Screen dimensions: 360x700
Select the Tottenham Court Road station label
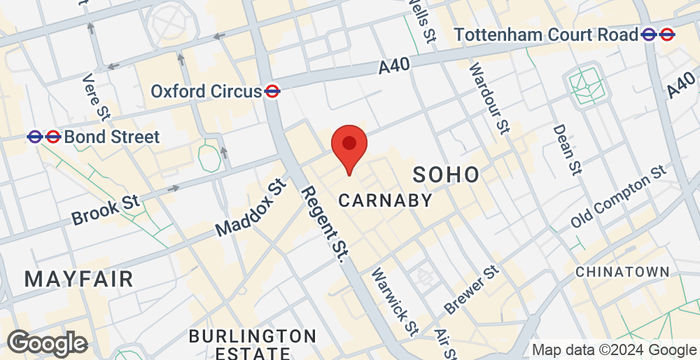point(546,35)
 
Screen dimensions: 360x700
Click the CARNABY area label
point(385,200)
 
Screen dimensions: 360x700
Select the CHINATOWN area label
point(622,272)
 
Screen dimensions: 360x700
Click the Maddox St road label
point(251,208)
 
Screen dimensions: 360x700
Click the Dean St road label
point(568,148)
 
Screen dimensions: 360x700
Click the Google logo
point(45,343)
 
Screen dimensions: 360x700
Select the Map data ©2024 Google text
point(612,350)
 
